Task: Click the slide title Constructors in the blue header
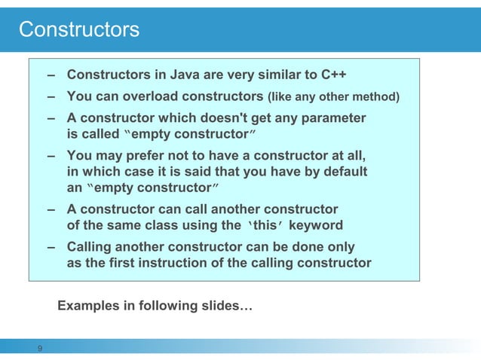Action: click(x=79, y=29)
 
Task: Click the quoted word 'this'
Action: click(x=270, y=225)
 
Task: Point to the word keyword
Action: click(x=317, y=225)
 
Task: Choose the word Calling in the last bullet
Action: click(x=90, y=247)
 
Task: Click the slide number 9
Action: click(x=40, y=348)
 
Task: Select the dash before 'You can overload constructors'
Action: click(x=50, y=97)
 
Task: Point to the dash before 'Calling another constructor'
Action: click(x=50, y=247)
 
